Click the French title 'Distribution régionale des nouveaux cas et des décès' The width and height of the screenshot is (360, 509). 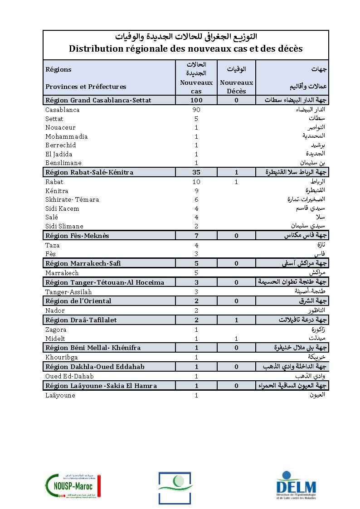(185, 48)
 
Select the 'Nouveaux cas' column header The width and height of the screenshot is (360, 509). (196, 87)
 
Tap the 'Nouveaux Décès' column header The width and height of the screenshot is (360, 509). (236, 87)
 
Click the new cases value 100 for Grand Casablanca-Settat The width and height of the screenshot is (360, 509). (196, 100)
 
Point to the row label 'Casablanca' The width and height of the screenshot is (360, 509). (63, 110)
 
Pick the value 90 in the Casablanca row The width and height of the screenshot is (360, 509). (196, 110)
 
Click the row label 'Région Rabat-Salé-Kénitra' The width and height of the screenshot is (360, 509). (89, 172)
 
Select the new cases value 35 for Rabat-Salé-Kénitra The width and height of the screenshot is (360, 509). (196, 172)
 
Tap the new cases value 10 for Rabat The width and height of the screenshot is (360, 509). (196, 182)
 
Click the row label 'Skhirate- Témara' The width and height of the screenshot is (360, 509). (72, 199)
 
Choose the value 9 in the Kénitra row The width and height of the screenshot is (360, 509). (196, 191)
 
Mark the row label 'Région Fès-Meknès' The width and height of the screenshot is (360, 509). (77, 236)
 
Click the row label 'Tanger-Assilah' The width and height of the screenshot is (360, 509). (68, 292)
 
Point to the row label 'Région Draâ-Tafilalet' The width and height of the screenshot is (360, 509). (81, 320)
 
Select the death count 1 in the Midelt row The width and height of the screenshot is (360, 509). (236, 339)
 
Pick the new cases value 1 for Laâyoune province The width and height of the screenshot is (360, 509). (196, 395)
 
